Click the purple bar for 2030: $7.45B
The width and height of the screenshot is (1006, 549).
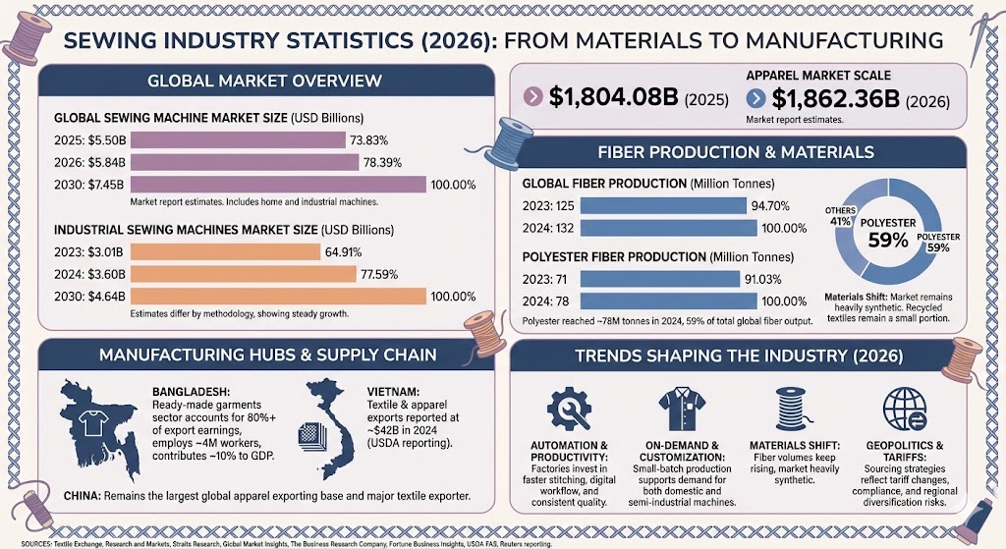click(278, 184)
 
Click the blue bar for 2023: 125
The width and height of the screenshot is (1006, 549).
click(663, 206)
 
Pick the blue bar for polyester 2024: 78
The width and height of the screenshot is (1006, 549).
click(668, 301)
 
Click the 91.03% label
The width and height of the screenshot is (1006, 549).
click(767, 279)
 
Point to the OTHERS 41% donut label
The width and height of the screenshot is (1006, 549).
click(839, 215)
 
